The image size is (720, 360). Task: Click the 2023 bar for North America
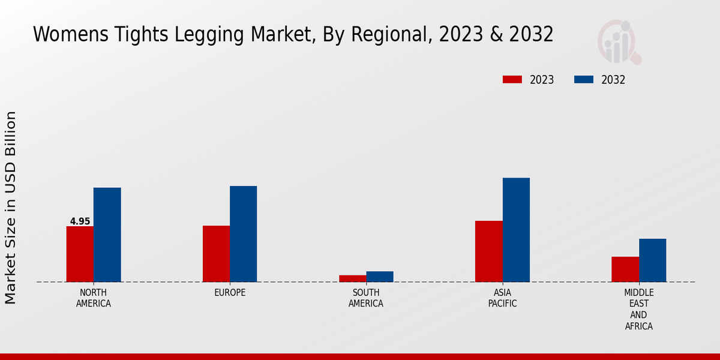coord(80,254)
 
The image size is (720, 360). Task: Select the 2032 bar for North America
coord(107,235)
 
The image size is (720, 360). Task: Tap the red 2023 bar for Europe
coord(216,254)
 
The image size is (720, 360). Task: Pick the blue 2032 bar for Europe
coord(243,234)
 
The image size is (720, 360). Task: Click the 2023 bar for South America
coord(352,278)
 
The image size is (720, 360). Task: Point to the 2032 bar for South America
coord(380,277)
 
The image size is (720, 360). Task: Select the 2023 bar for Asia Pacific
coord(488,251)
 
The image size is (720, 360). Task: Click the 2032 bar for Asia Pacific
coord(516,230)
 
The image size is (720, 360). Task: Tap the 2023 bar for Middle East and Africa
coord(625,269)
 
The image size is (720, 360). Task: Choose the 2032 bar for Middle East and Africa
coord(652,260)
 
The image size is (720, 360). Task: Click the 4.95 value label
coord(80,221)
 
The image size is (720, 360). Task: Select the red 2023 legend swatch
coord(512,80)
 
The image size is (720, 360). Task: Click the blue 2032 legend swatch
coord(584,80)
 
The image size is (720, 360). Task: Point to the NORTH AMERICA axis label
coord(94,298)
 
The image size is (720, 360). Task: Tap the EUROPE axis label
coord(230,293)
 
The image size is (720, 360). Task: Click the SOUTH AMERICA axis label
coord(366,298)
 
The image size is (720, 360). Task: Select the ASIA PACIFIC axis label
coord(502,298)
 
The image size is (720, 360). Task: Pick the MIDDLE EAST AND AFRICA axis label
coord(638,310)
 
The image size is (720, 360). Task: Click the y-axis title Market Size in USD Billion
coord(11,207)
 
